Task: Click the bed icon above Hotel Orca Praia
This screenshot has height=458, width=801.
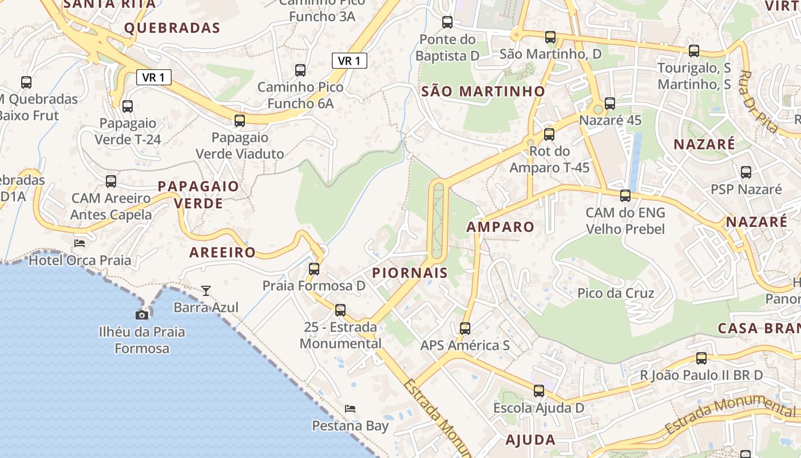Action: [x=80, y=243]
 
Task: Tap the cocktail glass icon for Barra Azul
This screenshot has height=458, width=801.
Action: [x=206, y=291]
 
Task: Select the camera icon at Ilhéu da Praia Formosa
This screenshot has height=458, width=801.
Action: [x=142, y=315]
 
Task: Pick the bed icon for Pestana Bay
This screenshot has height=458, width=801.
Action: [x=350, y=409]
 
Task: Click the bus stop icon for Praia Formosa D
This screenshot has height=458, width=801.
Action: [x=314, y=269]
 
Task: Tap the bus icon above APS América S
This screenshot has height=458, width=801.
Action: [x=465, y=328]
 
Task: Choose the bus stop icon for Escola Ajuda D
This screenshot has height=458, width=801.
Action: [x=539, y=391]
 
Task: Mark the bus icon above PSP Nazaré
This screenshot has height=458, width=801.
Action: [x=746, y=172]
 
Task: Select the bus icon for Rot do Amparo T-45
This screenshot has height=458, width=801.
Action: [x=549, y=135]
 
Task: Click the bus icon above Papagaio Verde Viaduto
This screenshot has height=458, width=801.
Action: [x=240, y=121]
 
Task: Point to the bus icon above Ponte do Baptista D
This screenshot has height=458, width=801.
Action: [x=447, y=22]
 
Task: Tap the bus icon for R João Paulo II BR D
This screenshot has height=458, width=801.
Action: [x=701, y=358]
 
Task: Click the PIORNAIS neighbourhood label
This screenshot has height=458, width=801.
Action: [x=410, y=273]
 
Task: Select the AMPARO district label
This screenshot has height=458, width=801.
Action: [x=500, y=227]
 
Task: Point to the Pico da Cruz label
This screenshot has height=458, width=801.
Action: [x=616, y=293]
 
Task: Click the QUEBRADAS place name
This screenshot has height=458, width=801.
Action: [x=172, y=27]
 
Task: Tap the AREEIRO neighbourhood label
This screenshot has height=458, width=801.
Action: [x=223, y=252]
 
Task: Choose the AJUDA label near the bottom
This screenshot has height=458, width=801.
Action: [x=530, y=440]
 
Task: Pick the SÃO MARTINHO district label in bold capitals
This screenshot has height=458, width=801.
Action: [x=483, y=91]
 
